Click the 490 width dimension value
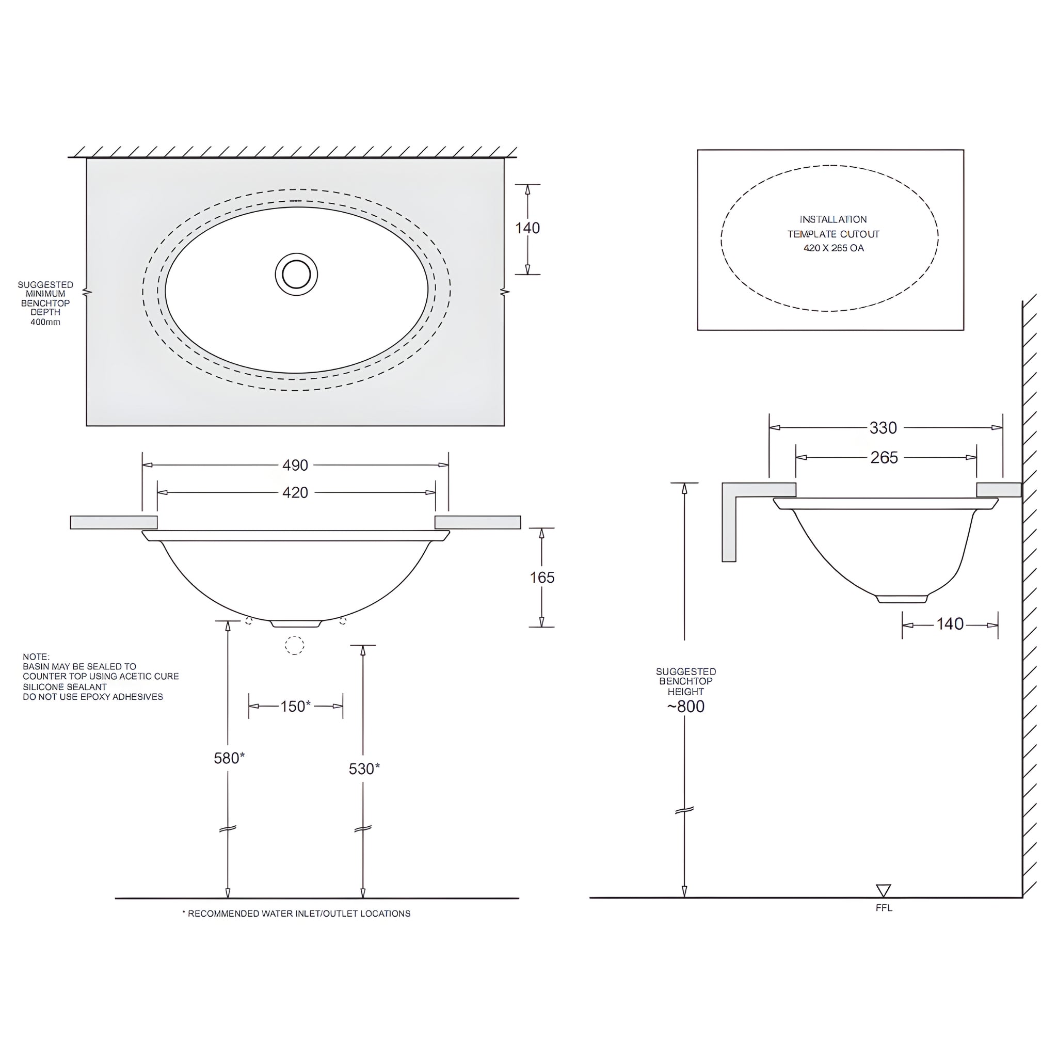[295, 465]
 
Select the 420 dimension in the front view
[295, 492]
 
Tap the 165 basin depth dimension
[541, 577]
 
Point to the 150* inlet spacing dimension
[295, 707]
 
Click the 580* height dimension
[229, 758]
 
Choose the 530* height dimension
[364, 768]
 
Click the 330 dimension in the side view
[883, 428]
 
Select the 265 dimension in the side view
[884, 457]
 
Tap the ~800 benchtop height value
[685, 707]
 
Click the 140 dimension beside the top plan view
[527, 228]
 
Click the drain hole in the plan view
[296, 274]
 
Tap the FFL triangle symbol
[883, 890]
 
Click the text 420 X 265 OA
[833, 248]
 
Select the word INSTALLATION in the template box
[832, 219]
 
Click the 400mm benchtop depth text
[45, 322]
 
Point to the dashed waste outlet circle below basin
[294, 645]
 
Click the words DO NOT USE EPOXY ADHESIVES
[93, 696]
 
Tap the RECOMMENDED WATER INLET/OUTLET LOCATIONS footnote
[298, 913]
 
